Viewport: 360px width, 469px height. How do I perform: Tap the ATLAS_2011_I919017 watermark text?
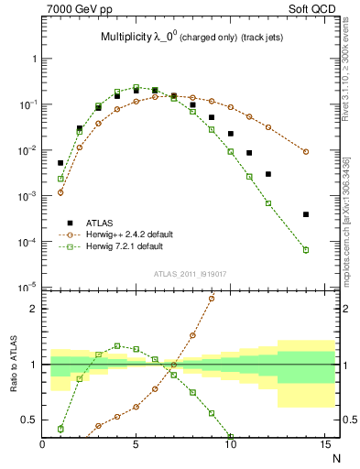pos(189,272)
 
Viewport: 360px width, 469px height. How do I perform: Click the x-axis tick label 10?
pos(231,445)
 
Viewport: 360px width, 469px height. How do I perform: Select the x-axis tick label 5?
pos(136,445)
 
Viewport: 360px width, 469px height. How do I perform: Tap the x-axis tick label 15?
pos(324,445)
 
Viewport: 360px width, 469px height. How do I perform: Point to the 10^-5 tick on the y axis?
pos(31,288)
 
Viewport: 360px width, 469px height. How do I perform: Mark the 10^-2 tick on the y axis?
pos(31,150)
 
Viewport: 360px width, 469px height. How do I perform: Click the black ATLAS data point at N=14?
pos(306,214)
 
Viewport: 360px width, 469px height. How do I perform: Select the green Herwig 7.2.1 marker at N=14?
pos(306,250)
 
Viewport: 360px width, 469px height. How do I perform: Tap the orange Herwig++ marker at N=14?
pos(306,152)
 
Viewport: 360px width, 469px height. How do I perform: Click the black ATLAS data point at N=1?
pos(60,137)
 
